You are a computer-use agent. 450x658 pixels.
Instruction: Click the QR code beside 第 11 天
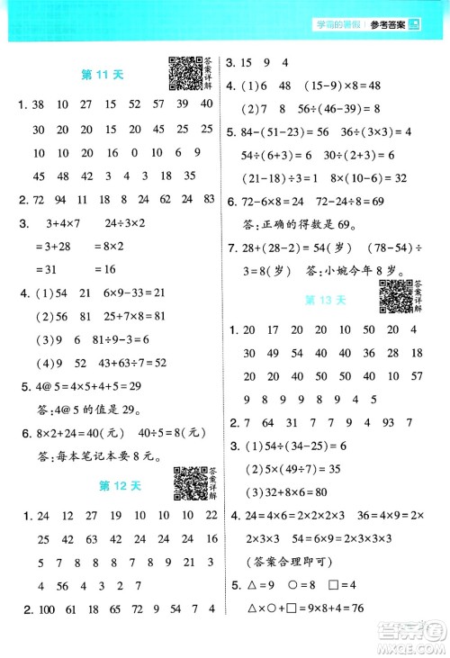click(x=184, y=74)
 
